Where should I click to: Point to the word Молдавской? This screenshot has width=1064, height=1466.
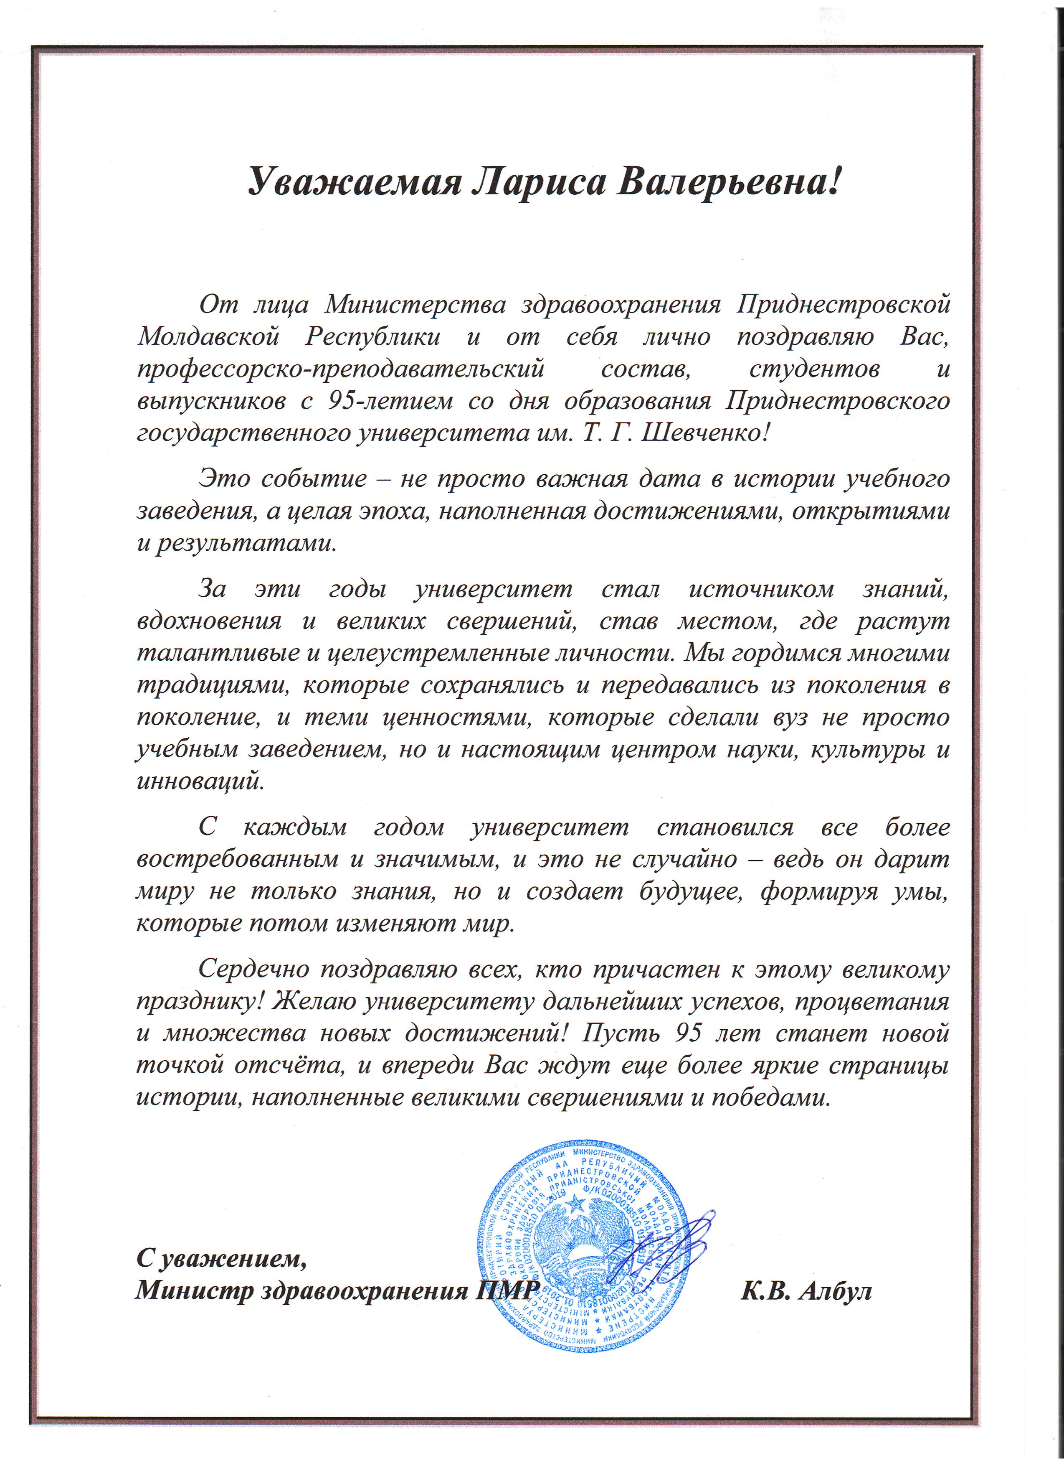208,337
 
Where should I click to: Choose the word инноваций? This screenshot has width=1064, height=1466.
200,782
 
